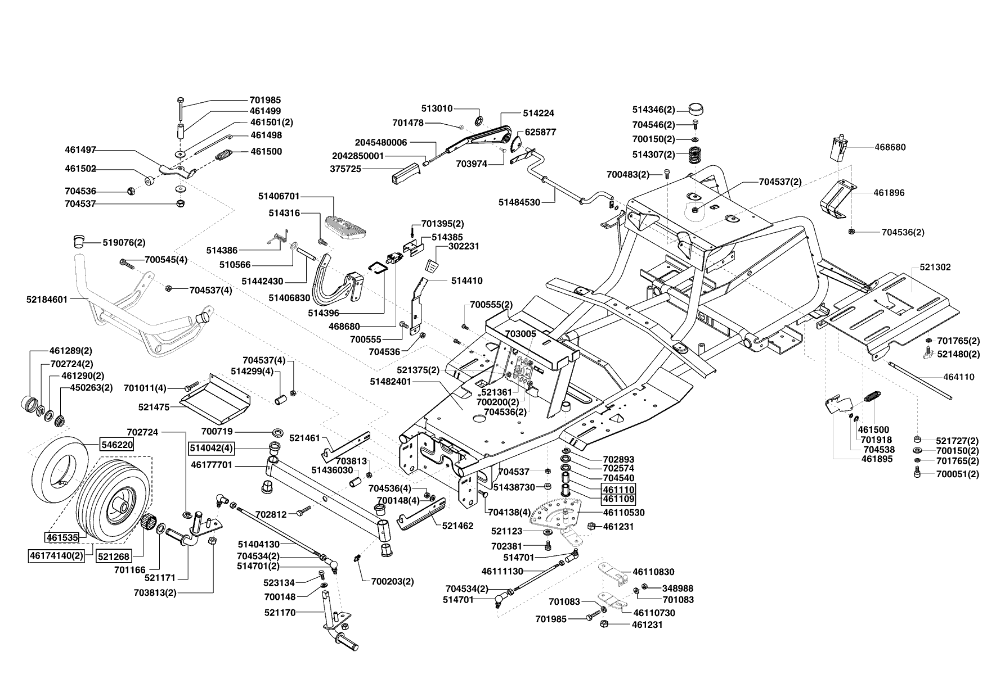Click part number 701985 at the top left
pyautogui.click(x=265, y=100)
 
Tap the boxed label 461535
pyautogui.click(x=62, y=538)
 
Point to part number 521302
pyautogui.click(x=935, y=267)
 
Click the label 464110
pyautogui.click(x=959, y=377)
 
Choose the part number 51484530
pyautogui.click(x=519, y=202)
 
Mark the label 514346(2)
pyautogui.click(x=654, y=110)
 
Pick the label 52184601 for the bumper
pyautogui.click(x=47, y=300)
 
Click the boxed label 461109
pyautogui.click(x=619, y=499)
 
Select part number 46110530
pyautogui.click(x=623, y=513)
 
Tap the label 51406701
pyautogui.click(x=279, y=196)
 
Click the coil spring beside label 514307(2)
pyautogui.click(x=694, y=154)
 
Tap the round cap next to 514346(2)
pyautogui.click(x=696, y=109)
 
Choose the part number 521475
pyautogui.click(x=154, y=406)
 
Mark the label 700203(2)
pyautogui.click(x=392, y=582)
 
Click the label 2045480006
pyautogui.click(x=381, y=142)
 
